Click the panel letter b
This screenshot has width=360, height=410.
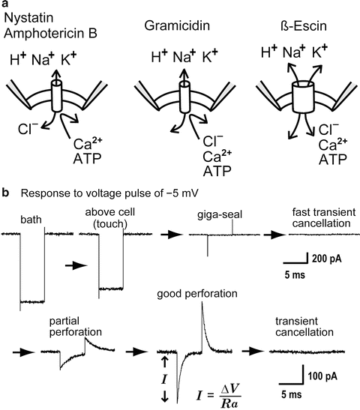tap(5, 193)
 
